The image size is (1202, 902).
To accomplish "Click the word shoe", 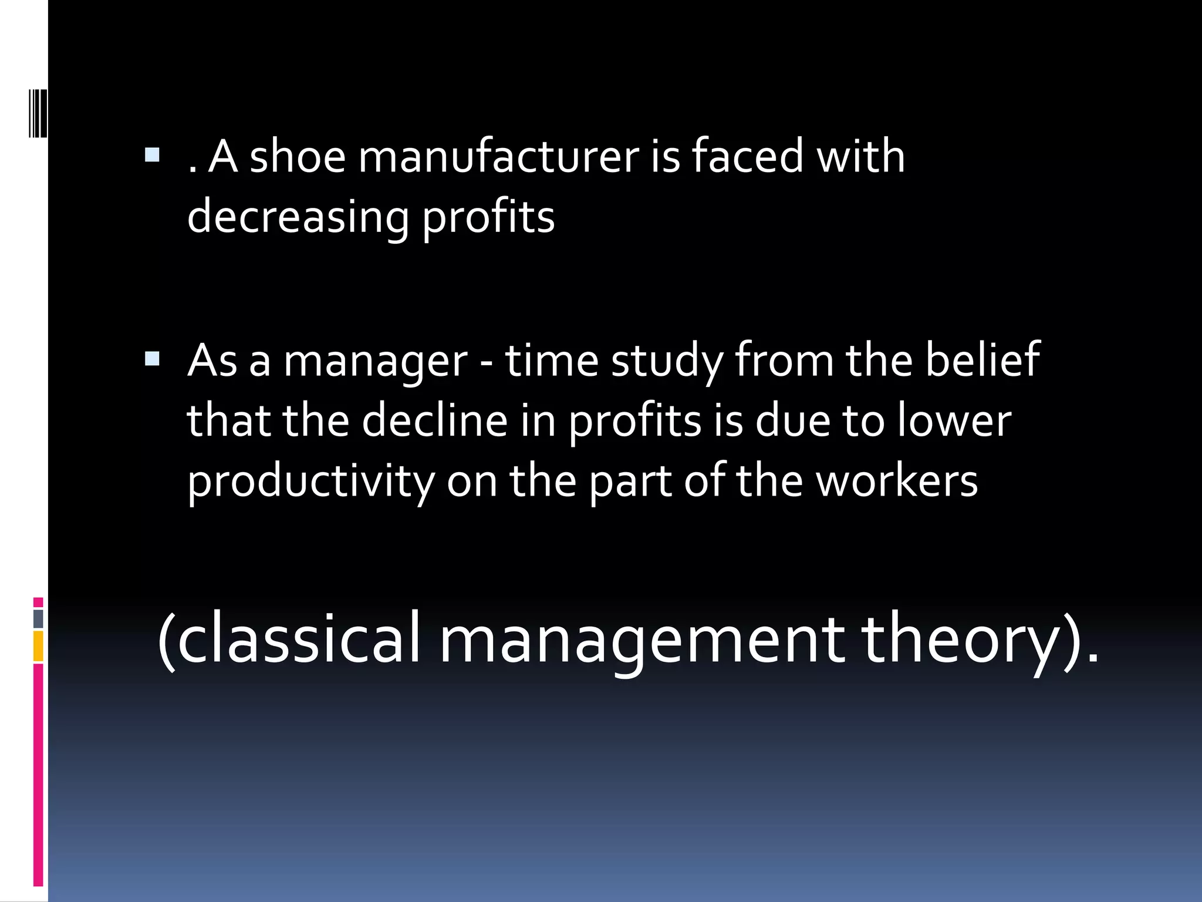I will point(298,157).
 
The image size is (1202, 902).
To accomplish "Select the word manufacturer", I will point(498,157).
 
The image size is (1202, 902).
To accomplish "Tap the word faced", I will point(747,157).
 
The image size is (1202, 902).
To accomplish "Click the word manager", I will point(376,361).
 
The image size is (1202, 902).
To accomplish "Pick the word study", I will point(667,361).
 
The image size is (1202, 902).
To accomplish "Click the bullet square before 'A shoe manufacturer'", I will point(152,155).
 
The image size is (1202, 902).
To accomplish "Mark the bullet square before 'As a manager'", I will point(152,359).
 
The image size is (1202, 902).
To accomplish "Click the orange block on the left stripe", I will point(38,646).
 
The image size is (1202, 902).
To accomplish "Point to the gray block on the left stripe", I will point(38,618).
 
